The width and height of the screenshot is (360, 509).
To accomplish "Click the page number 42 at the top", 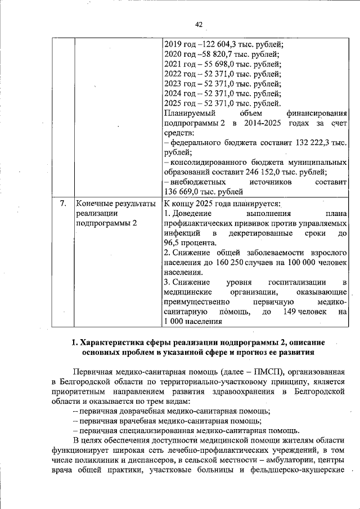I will tap(199, 24).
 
